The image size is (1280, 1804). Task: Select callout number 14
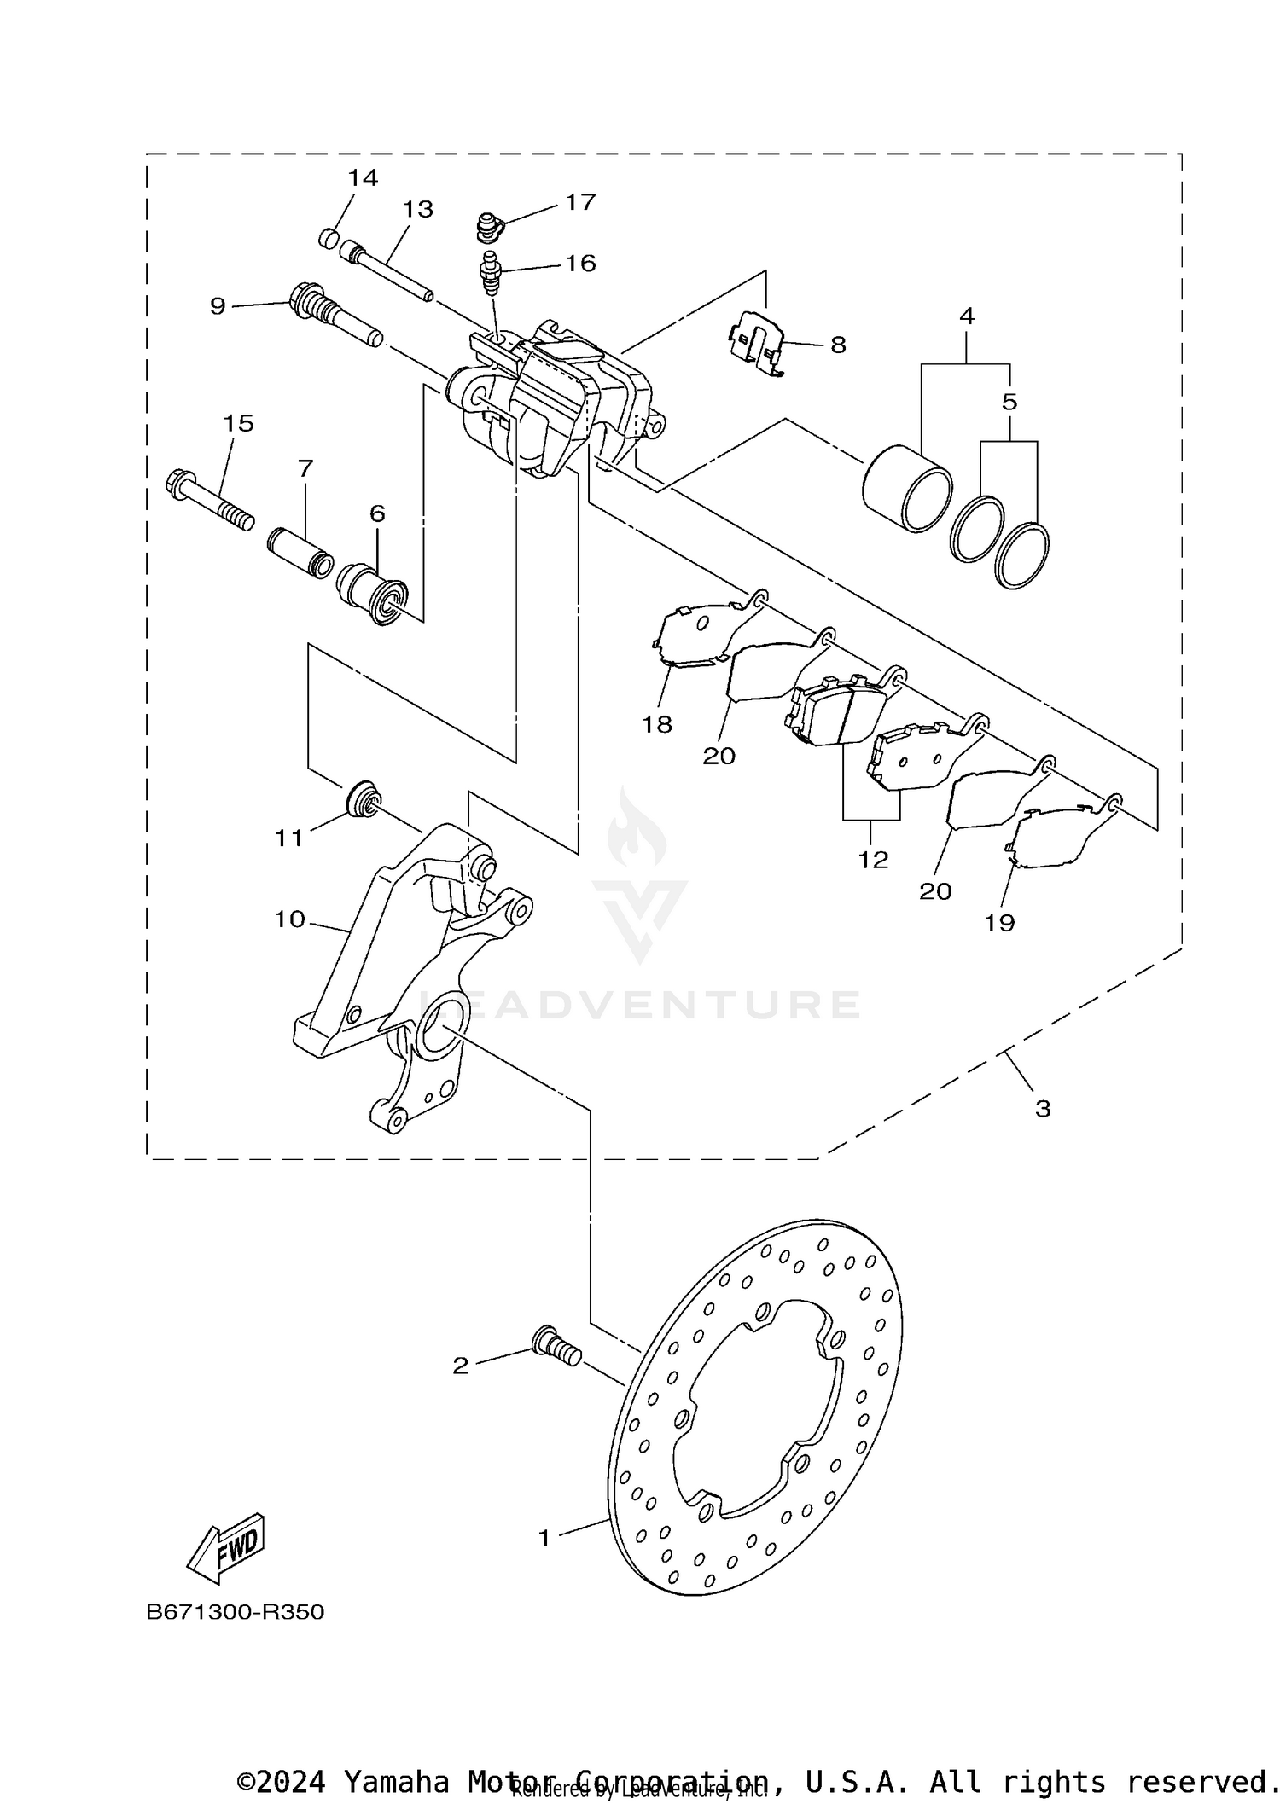point(362,178)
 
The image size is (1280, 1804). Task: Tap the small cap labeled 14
point(329,238)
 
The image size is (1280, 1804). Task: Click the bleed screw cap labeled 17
point(489,227)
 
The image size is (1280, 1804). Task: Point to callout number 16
point(580,263)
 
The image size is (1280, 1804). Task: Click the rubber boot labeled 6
point(374,593)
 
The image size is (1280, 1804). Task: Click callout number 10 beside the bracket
point(290,919)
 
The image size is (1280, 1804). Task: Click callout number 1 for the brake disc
point(544,1538)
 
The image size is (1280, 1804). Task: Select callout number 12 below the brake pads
point(873,860)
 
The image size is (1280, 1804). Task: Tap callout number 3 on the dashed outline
point(1043,1109)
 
